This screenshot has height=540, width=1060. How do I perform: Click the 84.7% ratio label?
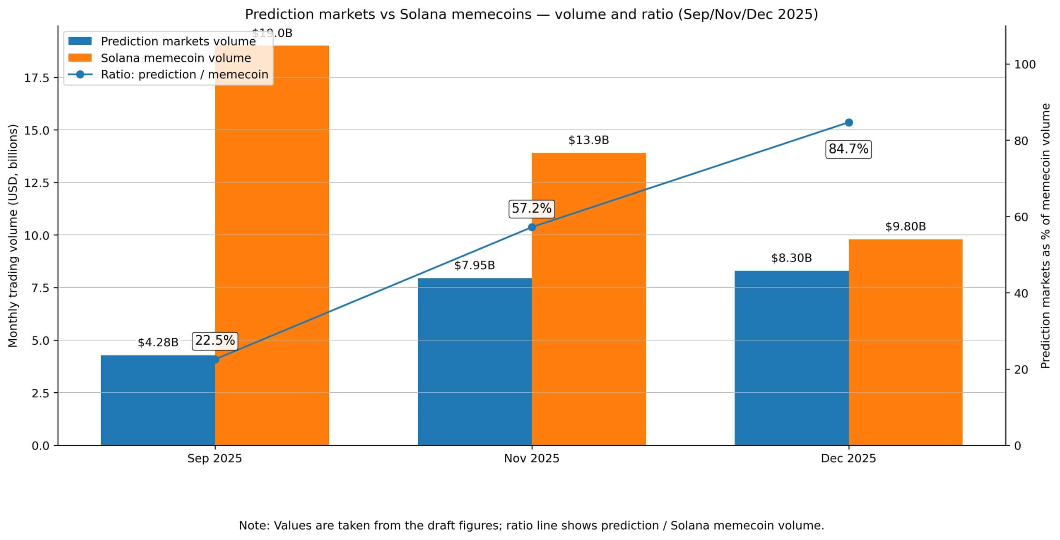pos(848,149)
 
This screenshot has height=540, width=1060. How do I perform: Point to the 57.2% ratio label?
pos(532,208)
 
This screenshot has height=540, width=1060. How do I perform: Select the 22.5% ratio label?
pos(215,341)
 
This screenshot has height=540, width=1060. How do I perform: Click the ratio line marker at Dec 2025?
pos(848,122)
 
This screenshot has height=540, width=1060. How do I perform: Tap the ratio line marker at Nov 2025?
pos(532,227)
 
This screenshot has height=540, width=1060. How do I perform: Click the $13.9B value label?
pos(588,140)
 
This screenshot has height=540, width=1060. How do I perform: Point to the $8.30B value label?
pos(791,258)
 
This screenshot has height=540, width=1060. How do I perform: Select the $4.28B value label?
pos(158,343)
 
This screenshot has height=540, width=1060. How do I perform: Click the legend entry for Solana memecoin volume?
pos(176,58)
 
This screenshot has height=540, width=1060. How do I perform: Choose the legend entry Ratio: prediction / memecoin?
pos(184,74)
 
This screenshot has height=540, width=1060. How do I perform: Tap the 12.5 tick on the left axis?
pos(36,183)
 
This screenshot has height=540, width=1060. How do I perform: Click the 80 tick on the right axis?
pos(1021,141)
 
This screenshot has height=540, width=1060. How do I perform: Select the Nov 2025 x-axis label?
pos(532,458)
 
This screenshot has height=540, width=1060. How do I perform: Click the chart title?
pos(531,14)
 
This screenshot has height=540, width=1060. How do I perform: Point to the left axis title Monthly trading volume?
pos(13,236)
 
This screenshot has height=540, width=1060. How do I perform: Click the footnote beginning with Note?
pos(531,526)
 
